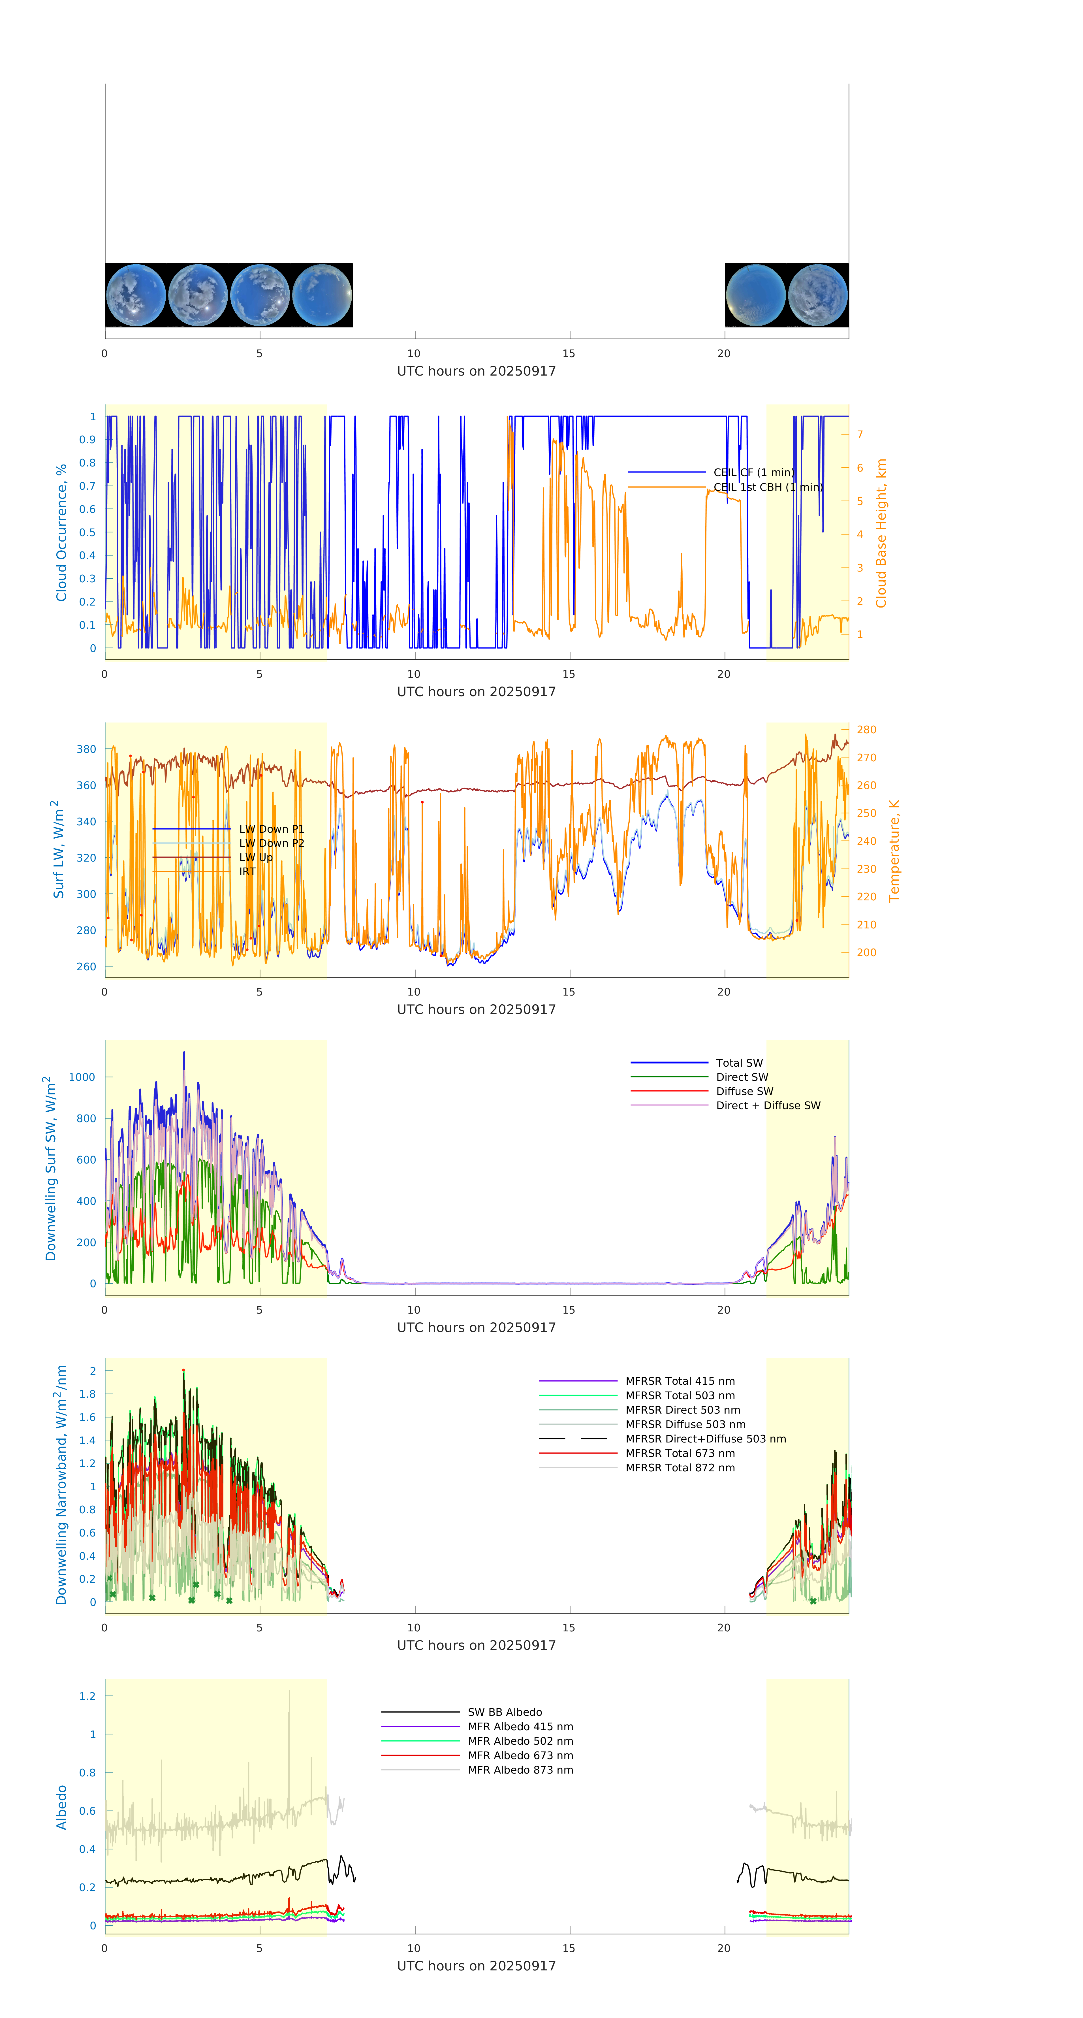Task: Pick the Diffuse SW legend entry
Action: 744,1091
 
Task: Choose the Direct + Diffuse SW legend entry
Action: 767,1105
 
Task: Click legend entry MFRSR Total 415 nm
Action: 680,1381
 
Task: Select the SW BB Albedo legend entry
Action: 504,1712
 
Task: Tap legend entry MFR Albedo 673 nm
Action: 520,1755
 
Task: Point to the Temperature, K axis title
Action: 894,851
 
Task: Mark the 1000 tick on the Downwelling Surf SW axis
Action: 82,1077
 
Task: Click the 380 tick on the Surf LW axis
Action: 86,749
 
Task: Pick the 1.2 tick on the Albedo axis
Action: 87,1696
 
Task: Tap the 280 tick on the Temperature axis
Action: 866,729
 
